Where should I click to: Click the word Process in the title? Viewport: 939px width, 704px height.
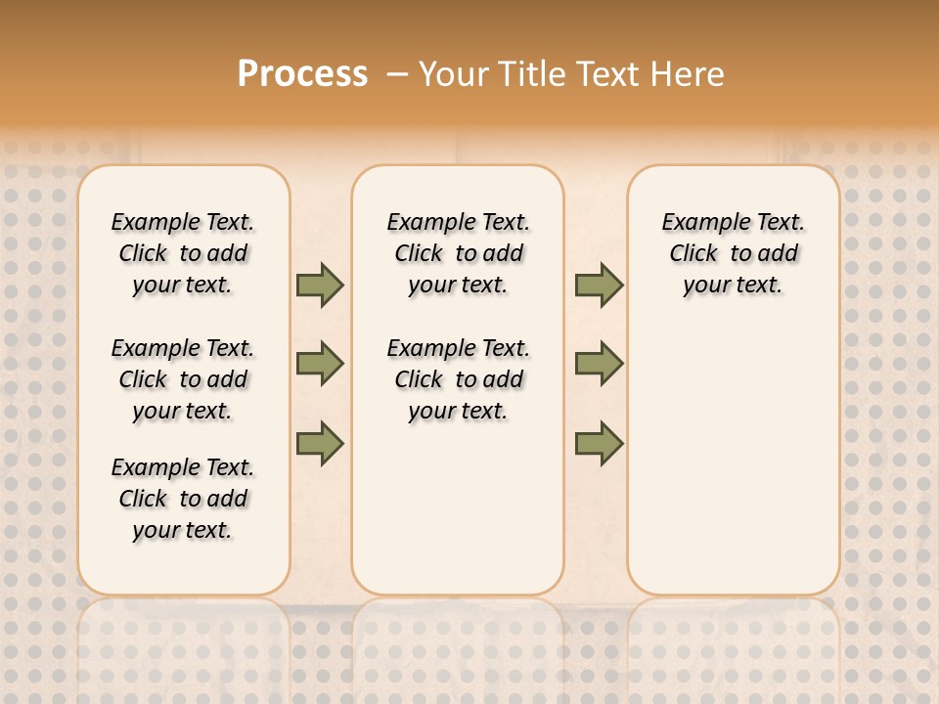(302, 74)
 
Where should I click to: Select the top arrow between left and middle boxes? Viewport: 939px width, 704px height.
(320, 286)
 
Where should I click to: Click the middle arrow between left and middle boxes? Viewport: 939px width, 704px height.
(320, 365)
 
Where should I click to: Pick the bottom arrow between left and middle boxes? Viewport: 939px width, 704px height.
(320, 444)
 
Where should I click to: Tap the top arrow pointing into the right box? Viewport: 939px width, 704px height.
(599, 286)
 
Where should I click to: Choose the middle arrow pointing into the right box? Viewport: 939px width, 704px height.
(599, 365)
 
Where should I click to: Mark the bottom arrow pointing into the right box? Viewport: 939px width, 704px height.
(599, 444)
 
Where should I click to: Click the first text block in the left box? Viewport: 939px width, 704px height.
(183, 253)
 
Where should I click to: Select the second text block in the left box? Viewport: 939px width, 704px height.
(183, 379)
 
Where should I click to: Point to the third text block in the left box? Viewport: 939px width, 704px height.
(183, 499)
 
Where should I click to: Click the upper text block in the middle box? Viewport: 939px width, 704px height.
(459, 253)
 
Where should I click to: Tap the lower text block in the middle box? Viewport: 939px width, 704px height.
(459, 379)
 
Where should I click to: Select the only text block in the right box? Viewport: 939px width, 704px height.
(734, 253)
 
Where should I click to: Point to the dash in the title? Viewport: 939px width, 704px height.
(397, 74)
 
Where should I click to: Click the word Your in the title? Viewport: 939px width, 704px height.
(455, 74)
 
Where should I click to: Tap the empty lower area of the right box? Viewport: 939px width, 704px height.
(734, 460)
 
